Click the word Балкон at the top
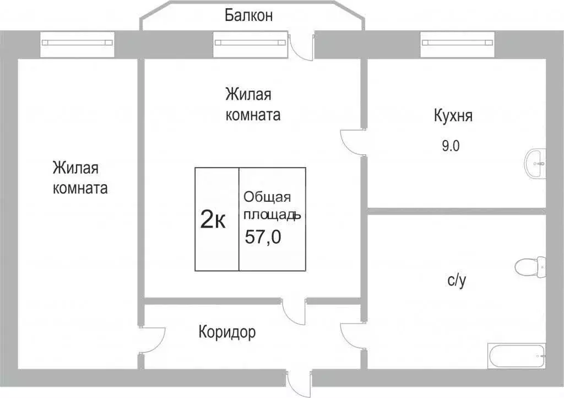tap(248, 15)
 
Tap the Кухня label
tap(453, 116)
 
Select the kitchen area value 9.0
tap(450, 146)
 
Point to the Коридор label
tap(227, 332)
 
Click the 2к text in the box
tap(213, 220)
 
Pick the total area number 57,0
tap(263, 237)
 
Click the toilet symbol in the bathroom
tap(529, 267)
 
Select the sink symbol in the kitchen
tap(535, 163)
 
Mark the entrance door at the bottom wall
tap(299, 381)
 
